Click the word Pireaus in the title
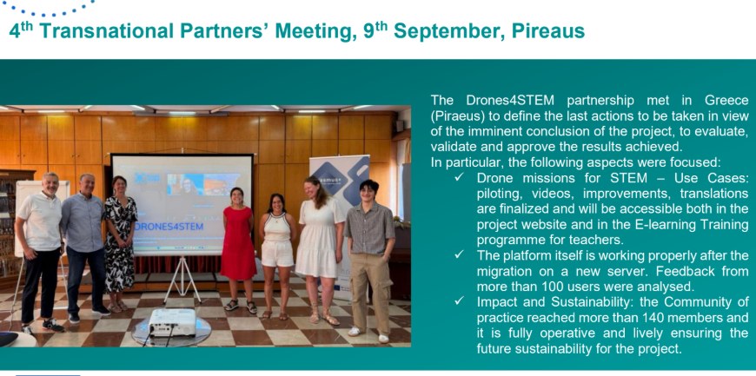547,31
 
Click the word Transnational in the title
107,31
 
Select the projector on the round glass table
173,321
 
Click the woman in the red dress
238,250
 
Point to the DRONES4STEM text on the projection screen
169,226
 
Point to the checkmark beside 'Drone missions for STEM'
459,178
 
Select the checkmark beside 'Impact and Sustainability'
459,302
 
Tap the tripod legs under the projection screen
182,279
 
